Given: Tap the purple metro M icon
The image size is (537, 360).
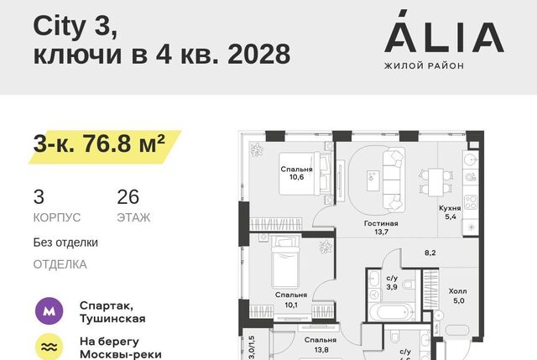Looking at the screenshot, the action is pos(50,311).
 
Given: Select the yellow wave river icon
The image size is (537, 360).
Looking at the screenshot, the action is pos(50,347).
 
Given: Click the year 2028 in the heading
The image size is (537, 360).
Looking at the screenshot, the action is pos(259,54).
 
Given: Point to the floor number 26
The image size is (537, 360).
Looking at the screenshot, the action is pos(128,197).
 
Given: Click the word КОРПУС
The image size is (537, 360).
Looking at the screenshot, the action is pos(57,217).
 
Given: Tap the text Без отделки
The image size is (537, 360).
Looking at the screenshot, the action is pos(65,243).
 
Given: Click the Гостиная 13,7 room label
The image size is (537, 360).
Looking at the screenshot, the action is pos(381,227).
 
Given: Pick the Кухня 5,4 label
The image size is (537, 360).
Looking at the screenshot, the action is pos(450,212).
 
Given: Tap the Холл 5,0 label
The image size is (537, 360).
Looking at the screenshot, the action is pos(458,296).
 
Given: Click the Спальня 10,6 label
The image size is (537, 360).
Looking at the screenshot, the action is pos(296,173).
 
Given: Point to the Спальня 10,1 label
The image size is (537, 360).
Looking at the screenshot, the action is pos(291,300).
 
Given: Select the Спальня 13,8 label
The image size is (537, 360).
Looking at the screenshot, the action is pos(321,345).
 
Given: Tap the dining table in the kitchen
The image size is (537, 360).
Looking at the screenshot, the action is pos(435,182).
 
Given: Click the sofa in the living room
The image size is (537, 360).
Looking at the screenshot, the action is pos(394,180).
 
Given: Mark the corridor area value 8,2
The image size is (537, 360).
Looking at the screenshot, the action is pos(430,253).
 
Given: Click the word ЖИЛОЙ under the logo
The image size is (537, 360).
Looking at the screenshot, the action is pos(399,65).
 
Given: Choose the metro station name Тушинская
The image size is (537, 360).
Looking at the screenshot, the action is pos(112,319).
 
